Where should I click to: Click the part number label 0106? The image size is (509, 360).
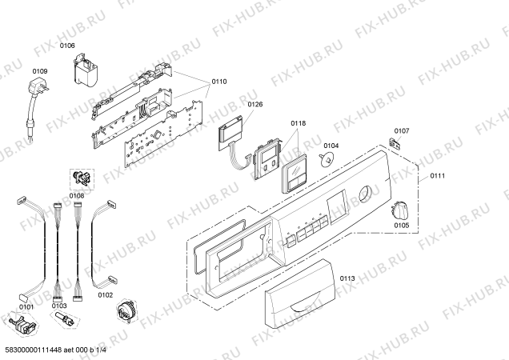[67, 46]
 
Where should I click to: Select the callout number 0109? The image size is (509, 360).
[40, 71]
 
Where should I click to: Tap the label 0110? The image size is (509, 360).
[219, 82]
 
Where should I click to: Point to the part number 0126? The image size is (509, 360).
[255, 104]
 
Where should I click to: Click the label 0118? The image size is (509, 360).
[298, 123]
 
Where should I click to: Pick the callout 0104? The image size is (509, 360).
[331, 146]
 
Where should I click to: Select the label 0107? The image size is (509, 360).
[402, 131]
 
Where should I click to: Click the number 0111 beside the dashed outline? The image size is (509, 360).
[438, 176]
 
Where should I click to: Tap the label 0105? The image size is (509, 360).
[402, 226]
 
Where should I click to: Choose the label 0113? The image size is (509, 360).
[347, 278]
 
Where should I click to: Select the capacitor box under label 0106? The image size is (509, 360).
[86, 71]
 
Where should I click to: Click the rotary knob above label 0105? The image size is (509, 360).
[399, 210]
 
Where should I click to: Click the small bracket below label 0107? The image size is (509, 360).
[394, 142]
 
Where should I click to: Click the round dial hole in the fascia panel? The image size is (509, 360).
[366, 195]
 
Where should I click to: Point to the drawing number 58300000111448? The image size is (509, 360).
[34, 350]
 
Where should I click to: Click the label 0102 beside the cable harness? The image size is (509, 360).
[106, 295]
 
